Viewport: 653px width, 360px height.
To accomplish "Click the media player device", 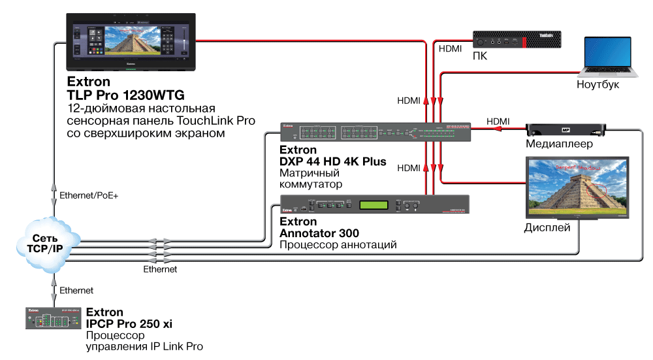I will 566,129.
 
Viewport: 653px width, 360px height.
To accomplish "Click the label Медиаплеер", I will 560,144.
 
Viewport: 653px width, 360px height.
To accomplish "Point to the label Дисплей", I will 547,228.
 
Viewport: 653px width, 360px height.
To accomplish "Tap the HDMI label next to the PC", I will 450,48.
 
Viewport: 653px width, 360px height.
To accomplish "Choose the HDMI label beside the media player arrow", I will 498,121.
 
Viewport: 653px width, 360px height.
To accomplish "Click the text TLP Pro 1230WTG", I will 116,95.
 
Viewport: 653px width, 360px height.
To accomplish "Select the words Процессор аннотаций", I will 338,245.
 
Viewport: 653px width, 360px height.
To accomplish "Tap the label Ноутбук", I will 598,85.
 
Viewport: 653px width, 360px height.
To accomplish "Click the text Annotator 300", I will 319,233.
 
